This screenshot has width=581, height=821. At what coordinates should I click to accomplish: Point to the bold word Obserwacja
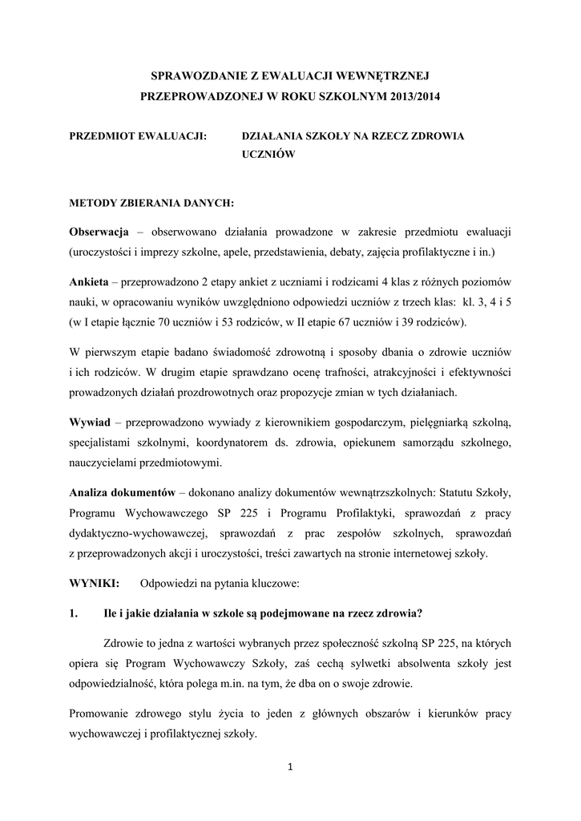99,233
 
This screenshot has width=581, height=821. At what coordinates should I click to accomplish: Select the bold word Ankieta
90,284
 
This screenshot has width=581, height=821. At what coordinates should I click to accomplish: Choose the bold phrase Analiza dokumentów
127,492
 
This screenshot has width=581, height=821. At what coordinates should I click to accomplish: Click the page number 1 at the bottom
290,767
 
